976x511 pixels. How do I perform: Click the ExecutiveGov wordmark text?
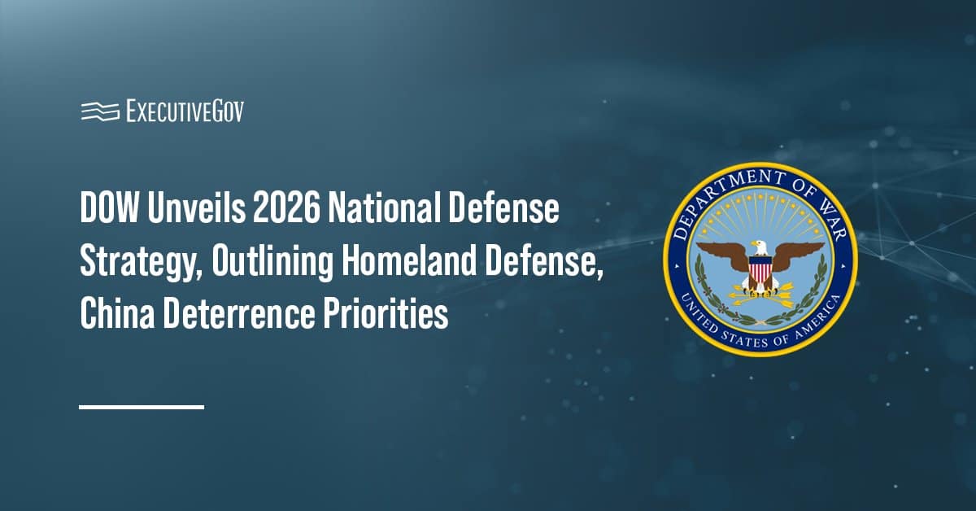(x=185, y=111)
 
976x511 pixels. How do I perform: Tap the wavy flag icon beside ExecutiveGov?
(x=99, y=111)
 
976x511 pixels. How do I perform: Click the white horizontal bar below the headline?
(x=142, y=406)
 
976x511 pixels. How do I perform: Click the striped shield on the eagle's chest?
(x=760, y=269)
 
